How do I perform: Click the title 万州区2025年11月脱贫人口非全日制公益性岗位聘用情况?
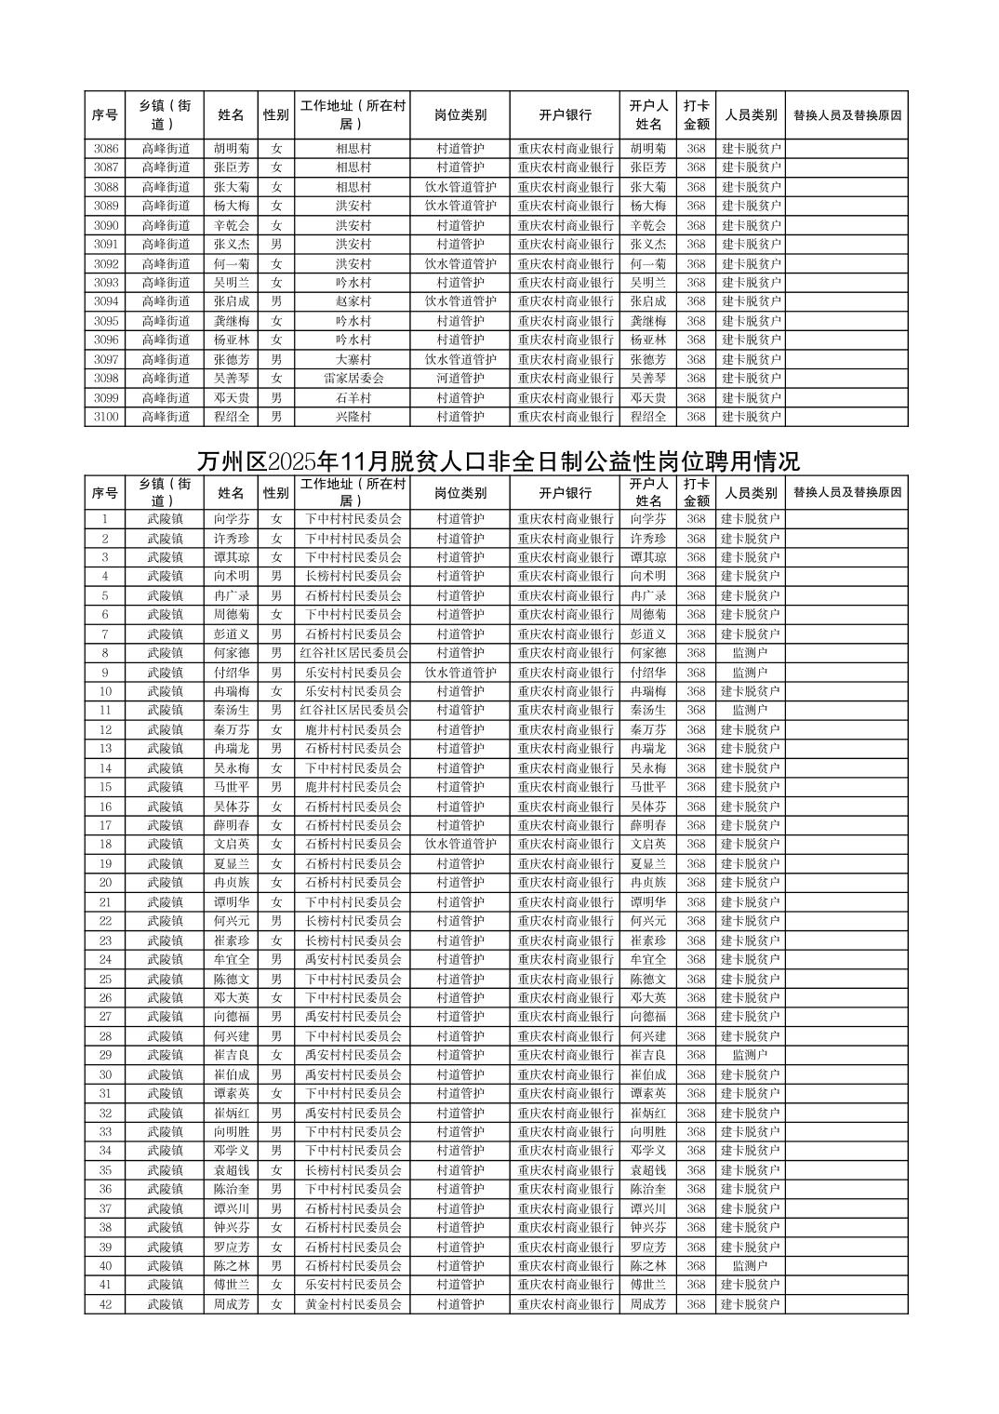click(499, 461)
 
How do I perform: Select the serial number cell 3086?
click(106, 148)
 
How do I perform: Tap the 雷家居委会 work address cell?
click(353, 379)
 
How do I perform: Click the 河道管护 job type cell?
click(460, 379)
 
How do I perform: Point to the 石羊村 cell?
click(353, 398)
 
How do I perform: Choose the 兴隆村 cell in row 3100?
click(353, 417)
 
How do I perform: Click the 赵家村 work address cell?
click(353, 301)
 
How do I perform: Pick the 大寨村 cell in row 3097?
click(353, 359)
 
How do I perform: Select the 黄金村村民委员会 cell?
click(353, 1304)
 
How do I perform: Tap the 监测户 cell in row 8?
click(750, 653)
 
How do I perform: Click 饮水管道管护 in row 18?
click(460, 845)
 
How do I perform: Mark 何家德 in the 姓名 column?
click(231, 653)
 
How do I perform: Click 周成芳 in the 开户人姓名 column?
click(648, 1304)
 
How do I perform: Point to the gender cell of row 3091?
click(275, 244)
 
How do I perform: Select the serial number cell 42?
click(106, 1304)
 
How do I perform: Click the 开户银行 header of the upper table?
click(566, 115)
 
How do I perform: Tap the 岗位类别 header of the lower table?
click(460, 492)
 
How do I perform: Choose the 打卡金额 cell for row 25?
click(696, 979)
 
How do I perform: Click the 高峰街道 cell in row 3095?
click(166, 321)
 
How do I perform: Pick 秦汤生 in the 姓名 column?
click(231, 710)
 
